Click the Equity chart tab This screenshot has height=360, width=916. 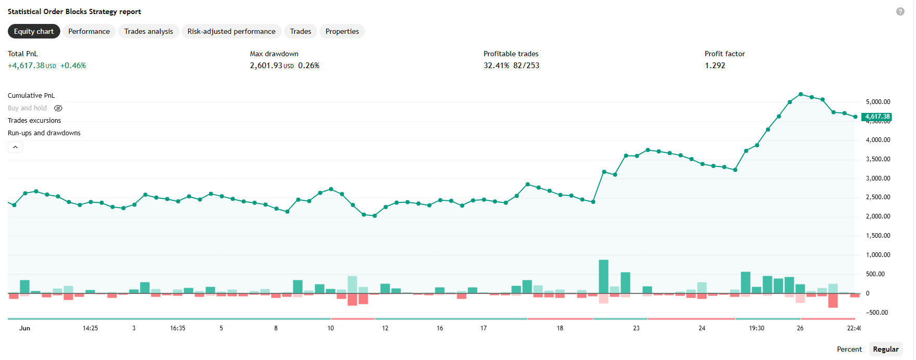click(34, 31)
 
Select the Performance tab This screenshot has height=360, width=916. click(89, 31)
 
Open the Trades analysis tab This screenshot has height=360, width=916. click(149, 31)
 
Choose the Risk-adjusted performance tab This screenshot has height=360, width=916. click(231, 31)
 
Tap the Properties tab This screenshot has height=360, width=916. click(342, 31)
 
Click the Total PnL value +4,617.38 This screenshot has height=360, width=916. click(26, 66)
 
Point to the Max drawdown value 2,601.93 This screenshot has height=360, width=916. click(266, 66)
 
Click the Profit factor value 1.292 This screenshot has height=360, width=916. click(715, 66)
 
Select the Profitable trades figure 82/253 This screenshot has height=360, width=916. click(526, 66)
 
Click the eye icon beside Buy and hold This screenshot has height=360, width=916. click(58, 108)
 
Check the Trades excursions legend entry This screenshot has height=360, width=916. click(34, 121)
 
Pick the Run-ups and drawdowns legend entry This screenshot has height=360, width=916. click(44, 133)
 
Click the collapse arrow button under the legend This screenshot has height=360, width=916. click(15, 147)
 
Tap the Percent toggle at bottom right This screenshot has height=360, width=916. click(849, 349)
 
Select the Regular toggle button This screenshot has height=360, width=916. click(886, 349)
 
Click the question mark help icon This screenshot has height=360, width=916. click(900, 11)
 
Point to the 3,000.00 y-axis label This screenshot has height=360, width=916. click(878, 178)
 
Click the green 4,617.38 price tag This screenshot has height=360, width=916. click(877, 117)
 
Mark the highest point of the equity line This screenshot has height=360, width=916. click(801, 94)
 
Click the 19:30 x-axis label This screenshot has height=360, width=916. click(756, 328)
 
